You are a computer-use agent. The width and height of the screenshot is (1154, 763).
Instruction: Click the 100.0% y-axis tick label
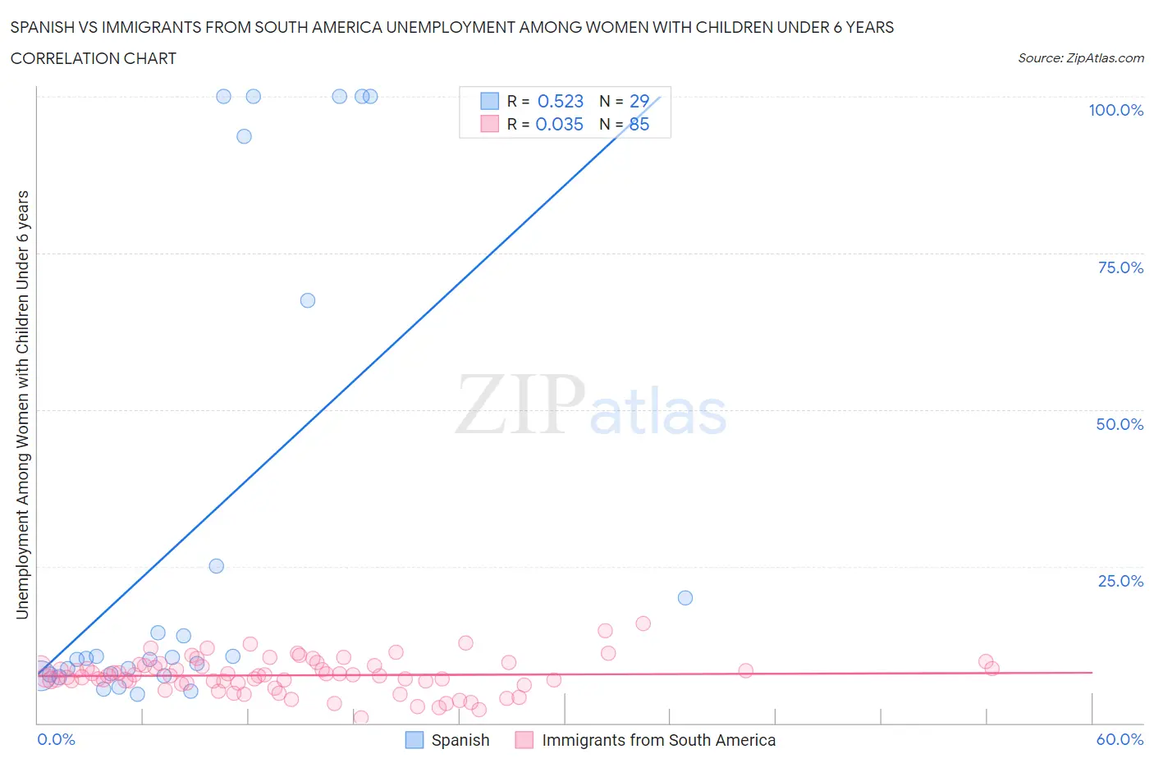1115,111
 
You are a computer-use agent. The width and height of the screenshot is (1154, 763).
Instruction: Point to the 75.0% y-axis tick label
1120,267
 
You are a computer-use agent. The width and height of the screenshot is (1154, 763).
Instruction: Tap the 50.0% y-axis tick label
1119,424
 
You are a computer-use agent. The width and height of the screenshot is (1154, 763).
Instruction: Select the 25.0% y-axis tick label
1120,581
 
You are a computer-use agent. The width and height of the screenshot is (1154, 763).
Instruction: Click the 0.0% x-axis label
56,739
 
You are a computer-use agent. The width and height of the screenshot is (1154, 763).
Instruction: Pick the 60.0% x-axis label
1120,739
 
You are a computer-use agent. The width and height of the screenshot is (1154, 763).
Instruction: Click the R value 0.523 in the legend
560,101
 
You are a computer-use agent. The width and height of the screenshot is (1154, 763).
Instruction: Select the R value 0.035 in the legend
559,124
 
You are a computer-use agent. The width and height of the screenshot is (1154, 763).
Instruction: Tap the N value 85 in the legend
639,124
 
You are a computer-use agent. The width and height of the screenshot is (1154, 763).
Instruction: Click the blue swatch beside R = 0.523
489,101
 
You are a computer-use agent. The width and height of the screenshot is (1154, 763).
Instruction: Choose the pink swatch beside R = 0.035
489,124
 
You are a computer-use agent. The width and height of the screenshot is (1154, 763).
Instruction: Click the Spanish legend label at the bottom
460,740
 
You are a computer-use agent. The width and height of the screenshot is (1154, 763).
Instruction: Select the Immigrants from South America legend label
658,740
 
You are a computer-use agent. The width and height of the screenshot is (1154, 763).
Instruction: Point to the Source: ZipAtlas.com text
1080,58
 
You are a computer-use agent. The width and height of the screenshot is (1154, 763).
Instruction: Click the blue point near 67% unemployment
308,300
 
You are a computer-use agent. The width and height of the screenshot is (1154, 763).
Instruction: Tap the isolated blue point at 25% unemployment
217,566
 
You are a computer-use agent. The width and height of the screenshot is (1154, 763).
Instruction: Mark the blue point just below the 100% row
244,136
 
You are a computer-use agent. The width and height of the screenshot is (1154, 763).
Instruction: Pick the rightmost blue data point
685,597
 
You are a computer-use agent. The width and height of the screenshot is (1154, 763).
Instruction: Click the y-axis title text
22,404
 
